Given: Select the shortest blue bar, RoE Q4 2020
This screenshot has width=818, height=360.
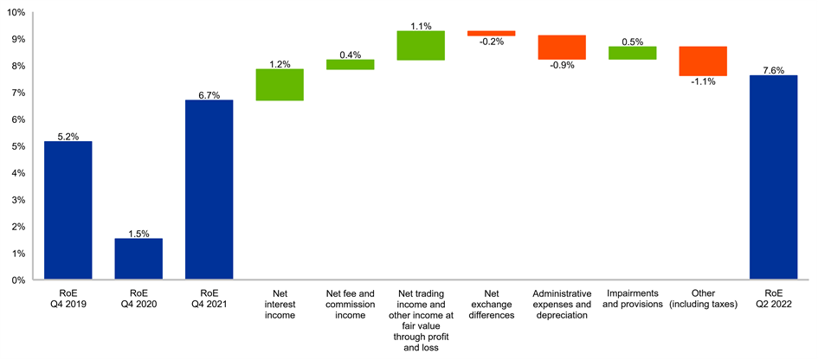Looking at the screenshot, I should (138, 259).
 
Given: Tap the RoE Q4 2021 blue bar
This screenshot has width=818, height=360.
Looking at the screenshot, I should (209, 190).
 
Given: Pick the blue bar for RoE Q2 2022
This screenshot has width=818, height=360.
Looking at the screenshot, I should (773, 177).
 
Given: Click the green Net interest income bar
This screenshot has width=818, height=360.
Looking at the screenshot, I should (280, 85).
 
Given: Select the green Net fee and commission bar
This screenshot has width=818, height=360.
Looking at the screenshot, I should (350, 64).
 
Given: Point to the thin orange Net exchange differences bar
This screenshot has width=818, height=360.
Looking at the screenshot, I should (491, 33).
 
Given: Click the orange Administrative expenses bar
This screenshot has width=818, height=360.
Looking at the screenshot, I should (562, 47).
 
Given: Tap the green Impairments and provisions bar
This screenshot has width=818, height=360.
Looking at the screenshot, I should (632, 53).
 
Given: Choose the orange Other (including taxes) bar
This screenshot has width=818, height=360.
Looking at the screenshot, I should (703, 61).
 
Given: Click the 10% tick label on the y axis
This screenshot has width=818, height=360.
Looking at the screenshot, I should (16, 13).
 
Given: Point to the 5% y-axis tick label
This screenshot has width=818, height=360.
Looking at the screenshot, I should (18, 146).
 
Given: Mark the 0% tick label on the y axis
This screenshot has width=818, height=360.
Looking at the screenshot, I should (18, 280).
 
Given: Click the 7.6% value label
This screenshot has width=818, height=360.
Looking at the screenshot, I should (773, 68).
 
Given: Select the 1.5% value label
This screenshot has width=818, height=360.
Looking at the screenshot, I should (138, 233).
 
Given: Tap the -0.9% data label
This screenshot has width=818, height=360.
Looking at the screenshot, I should (562, 66).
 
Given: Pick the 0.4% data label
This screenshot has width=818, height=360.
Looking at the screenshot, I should (350, 54).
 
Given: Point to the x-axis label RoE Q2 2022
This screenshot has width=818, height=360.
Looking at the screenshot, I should (773, 298).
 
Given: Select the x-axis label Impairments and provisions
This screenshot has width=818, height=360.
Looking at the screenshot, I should (632, 298).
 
